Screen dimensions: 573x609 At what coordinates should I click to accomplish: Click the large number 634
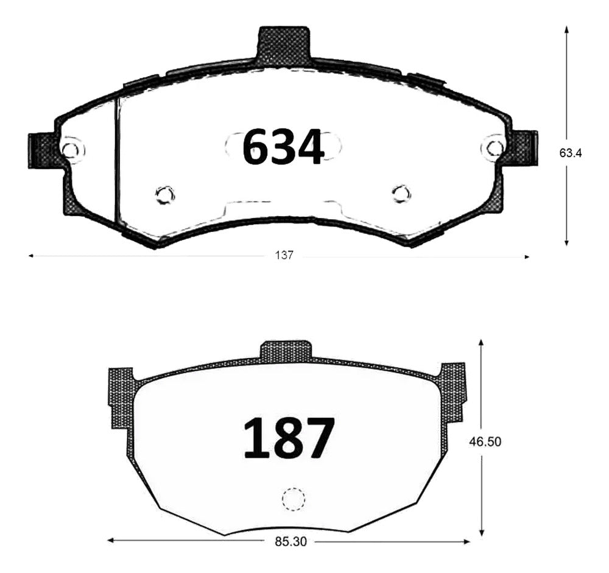click(x=283, y=148)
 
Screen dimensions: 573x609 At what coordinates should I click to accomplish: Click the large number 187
click(x=289, y=438)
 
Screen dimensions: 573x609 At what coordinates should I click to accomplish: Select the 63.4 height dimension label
click(x=571, y=153)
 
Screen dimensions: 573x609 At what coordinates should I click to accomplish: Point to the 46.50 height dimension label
click(x=484, y=442)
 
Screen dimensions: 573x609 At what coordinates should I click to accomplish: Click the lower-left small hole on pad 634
click(x=164, y=194)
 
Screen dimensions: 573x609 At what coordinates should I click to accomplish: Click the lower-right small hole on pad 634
click(x=401, y=194)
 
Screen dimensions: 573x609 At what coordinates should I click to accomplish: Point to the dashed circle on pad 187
click(x=292, y=499)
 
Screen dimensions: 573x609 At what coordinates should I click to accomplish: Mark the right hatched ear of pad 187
click(x=452, y=390)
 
